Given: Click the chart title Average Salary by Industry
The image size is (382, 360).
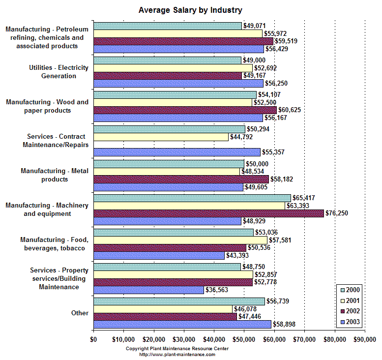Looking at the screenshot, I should pyautogui.click(x=190, y=10).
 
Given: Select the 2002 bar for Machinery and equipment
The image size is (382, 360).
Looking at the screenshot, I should pyautogui.click(x=208, y=213).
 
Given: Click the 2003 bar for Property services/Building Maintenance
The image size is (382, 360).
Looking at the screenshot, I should pyautogui.click(x=148, y=290).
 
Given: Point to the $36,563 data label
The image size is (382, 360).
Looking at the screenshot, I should pyautogui.click(x=216, y=290).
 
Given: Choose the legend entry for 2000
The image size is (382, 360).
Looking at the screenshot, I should pyautogui.click(x=350, y=290).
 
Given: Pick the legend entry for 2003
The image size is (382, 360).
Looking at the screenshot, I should pyautogui.click(x=350, y=322).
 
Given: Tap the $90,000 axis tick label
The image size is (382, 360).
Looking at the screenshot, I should pyautogui.click(x=364, y=339).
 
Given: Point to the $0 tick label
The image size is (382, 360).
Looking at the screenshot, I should pyautogui.click(x=93, y=339).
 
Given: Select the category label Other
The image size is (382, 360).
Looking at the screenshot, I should pyautogui.click(x=80, y=313).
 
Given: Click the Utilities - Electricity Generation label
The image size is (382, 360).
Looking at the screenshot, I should pyautogui.click(x=58, y=72).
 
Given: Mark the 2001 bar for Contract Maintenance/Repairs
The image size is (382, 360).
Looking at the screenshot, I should pyautogui.click(x=161, y=137).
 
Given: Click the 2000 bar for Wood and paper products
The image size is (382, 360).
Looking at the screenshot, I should pyautogui.click(x=175, y=94).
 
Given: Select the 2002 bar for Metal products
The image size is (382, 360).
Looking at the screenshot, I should pyautogui.click(x=181, y=179).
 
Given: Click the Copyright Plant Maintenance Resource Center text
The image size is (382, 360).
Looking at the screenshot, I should pyautogui.click(x=177, y=348).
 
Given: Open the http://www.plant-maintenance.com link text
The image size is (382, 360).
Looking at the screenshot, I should pyautogui.click(x=177, y=354).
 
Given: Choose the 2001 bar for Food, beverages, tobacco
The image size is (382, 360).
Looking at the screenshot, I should pyautogui.click(x=180, y=240).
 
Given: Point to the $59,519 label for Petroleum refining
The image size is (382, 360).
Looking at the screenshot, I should pyautogui.click(x=286, y=41).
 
